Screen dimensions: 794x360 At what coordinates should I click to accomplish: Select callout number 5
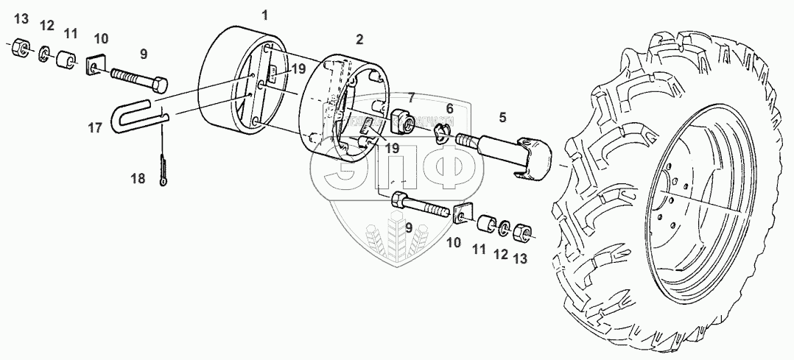tap(502, 116)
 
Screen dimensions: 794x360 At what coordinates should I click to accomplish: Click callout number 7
tap(411, 96)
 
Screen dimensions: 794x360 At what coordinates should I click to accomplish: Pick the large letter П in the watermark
tap(398, 175)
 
